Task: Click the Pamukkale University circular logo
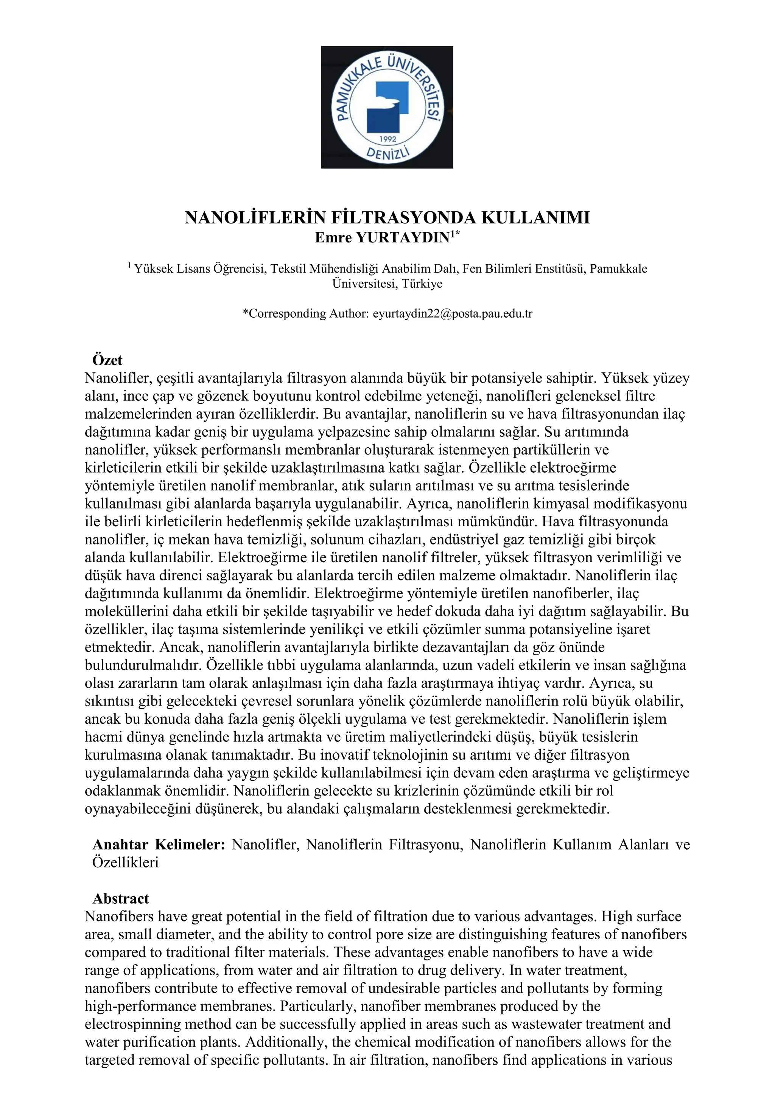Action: click(x=387, y=107)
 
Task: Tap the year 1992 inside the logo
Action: click(x=387, y=139)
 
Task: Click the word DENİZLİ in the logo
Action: click(x=387, y=153)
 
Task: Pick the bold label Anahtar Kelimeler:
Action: click(x=159, y=845)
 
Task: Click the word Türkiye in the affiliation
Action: click(x=422, y=284)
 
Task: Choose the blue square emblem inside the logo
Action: click(x=387, y=107)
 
